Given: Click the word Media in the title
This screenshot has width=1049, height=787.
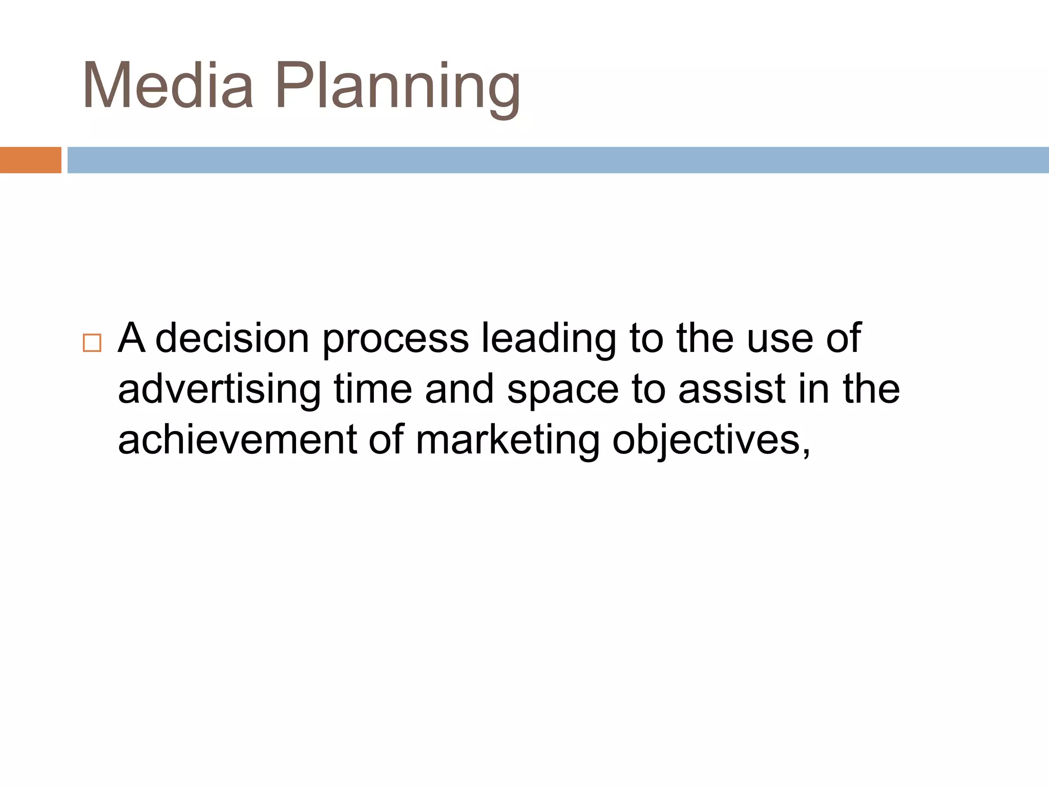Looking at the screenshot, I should (168, 86).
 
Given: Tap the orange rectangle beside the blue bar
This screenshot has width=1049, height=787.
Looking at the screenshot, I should (30, 160).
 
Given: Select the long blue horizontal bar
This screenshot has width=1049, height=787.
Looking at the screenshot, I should (557, 160).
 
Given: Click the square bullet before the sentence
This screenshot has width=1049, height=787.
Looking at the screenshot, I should (92, 343).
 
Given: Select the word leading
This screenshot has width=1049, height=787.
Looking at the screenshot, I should (549, 339).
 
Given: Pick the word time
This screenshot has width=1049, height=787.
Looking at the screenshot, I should (373, 389).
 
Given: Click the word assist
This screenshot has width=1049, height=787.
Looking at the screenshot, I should (732, 389).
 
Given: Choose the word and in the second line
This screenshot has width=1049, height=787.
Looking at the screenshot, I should (459, 389).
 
